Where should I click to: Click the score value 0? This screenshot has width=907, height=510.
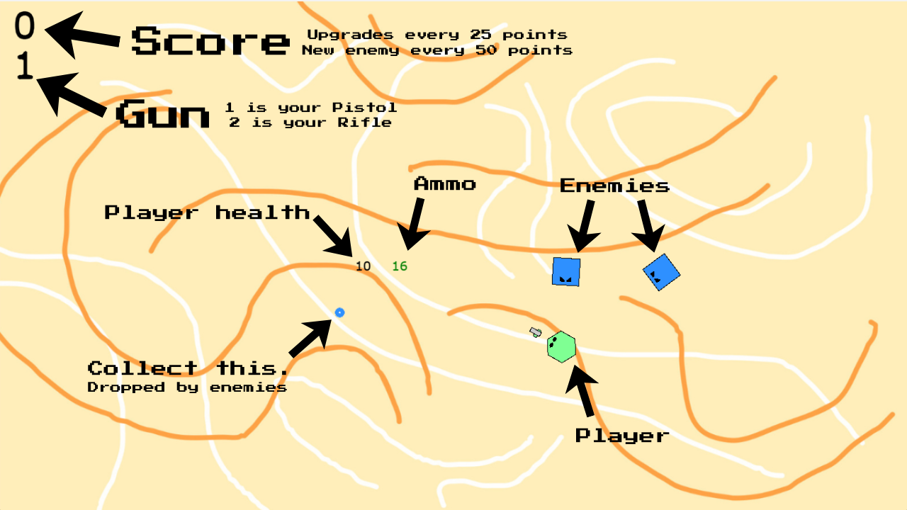point(25,25)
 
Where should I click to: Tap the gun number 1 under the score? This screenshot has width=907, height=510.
point(25,65)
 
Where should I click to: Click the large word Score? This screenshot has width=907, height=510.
point(210,41)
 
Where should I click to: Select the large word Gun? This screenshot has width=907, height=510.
point(163,113)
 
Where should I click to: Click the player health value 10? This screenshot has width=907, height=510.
point(364,266)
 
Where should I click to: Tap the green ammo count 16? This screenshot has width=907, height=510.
point(400,266)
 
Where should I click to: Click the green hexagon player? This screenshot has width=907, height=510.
point(561,347)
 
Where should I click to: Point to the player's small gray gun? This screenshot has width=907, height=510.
point(535,332)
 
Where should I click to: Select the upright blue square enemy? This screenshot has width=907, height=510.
point(566,271)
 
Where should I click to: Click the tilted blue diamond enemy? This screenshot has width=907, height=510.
point(662,273)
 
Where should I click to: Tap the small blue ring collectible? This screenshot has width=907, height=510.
point(339,312)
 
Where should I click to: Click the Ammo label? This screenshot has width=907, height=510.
point(444,184)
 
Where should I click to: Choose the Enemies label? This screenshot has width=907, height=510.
point(614,186)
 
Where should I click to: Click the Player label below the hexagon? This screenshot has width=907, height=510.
point(622,436)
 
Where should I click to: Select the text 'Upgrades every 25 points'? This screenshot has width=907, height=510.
point(437,35)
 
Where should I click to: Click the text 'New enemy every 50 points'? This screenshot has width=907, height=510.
point(437,50)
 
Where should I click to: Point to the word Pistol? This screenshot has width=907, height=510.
point(364,107)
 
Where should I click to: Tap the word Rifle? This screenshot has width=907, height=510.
point(364,123)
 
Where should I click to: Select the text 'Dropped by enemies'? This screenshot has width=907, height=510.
point(187,387)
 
